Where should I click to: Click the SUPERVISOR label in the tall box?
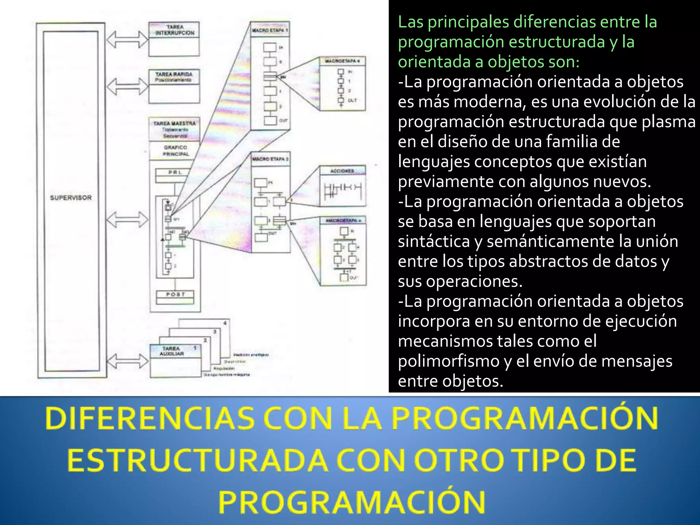71,198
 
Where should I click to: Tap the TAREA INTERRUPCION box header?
175,30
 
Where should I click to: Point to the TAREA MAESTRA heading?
175,123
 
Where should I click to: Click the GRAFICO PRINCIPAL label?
175,151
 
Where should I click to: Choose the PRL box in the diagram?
175,172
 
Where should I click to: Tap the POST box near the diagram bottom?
175,294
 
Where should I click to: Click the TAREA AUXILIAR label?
172,351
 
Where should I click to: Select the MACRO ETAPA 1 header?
270,30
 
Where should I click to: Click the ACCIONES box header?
342,171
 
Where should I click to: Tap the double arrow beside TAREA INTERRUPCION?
127,40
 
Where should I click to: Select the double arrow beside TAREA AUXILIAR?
127,361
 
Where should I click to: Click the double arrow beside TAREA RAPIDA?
127,86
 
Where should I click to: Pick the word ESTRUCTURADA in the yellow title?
197,460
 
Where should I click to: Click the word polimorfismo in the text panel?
449,361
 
